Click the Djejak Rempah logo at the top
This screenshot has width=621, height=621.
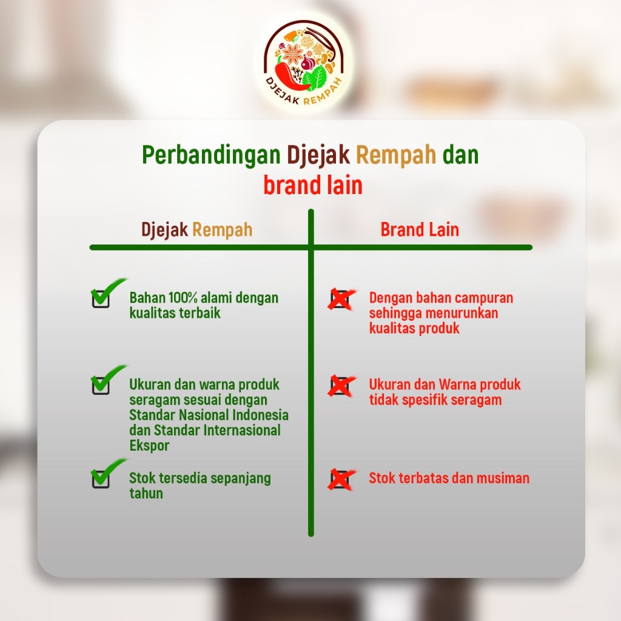[304, 63]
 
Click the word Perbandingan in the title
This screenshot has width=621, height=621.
[210, 155]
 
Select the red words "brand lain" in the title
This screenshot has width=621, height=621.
[313, 185]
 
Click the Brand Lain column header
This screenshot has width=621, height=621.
[420, 229]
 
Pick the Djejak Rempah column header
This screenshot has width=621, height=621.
[197, 230]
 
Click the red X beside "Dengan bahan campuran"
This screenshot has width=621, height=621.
[341, 299]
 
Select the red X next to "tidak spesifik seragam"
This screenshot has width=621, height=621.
[341, 386]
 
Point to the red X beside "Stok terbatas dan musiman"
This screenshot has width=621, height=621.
[341, 479]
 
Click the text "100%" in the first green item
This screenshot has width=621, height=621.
[183, 297]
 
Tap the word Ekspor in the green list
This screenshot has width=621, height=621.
[149, 446]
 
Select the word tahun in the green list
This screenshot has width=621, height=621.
[146, 494]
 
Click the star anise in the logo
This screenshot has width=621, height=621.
[294, 54]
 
